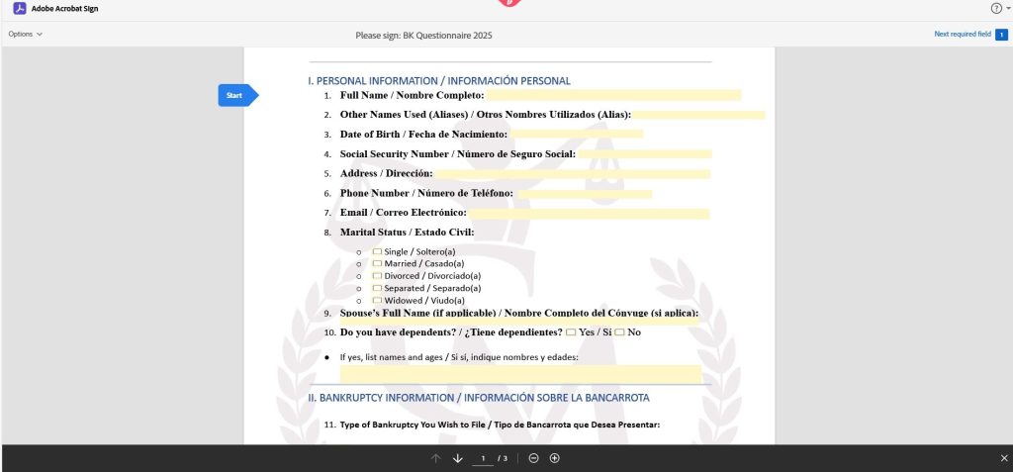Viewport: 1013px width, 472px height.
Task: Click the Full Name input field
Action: tap(613, 95)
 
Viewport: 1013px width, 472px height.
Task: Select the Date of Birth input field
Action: tap(576, 134)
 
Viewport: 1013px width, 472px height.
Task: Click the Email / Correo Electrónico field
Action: tap(589, 213)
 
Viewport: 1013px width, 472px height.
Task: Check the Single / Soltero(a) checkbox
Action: tap(377, 251)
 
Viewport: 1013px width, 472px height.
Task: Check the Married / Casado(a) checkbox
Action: tap(377, 264)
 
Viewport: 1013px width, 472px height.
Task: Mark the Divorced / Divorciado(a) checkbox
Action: tap(377, 276)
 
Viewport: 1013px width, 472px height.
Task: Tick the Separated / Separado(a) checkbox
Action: tap(377, 288)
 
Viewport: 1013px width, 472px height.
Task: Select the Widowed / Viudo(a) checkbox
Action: tap(377, 300)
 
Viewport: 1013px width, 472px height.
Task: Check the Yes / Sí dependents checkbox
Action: tap(571, 332)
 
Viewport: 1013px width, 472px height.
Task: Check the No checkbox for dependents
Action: tap(619, 332)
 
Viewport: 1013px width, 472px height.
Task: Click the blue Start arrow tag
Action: tap(236, 95)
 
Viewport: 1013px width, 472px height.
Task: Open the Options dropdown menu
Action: tap(26, 34)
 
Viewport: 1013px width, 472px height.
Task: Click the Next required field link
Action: tap(963, 34)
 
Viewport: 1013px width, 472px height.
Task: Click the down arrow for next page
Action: tap(458, 458)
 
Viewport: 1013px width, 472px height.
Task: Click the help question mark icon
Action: tap(995, 8)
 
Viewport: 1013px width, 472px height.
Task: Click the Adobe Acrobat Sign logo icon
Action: tap(19, 8)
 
